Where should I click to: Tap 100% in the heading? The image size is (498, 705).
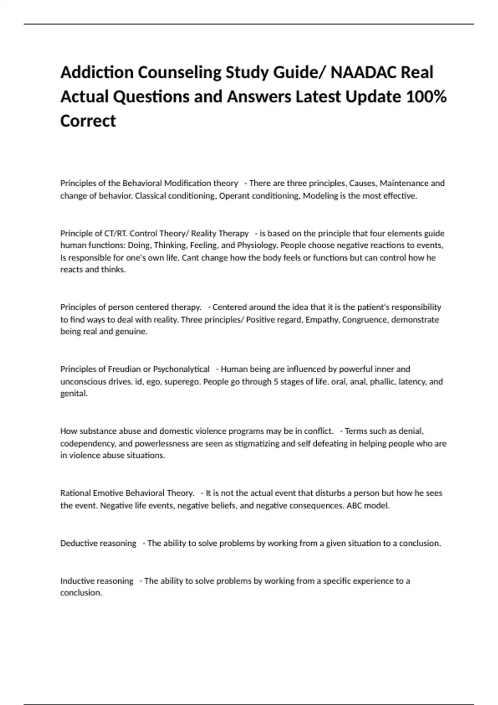pyautogui.click(x=426, y=97)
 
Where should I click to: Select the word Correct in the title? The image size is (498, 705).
pyautogui.click(x=88, y=121)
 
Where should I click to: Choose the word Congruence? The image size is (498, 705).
pyautogui.click(x=365, y=319)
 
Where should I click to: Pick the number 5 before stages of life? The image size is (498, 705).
pyautogui.click(x=276, y=381)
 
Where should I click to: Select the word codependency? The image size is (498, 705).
pyautogui.click(x=87, y=443)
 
